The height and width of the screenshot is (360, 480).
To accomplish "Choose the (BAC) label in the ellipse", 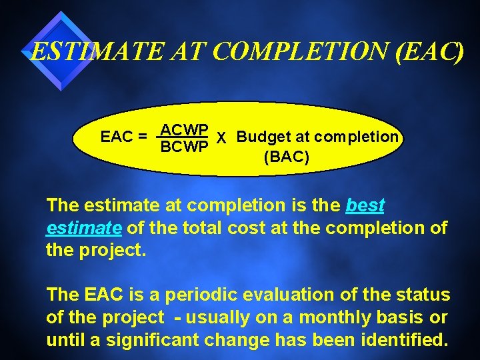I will click(x=286, y=158).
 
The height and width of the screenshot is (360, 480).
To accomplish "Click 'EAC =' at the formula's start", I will click(x=124, y=137).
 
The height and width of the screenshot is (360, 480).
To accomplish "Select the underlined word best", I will click(x=365, y=205).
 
